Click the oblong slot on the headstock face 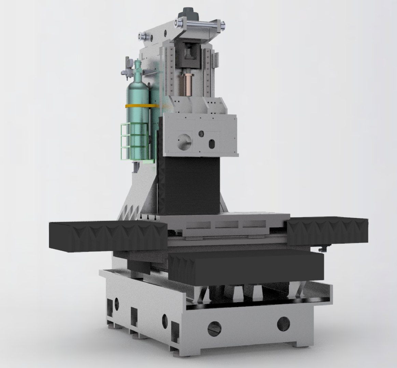pyautogui.click(x=212, y=144)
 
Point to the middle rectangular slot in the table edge pyautogui.click(x=227, y=225)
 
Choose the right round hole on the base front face pyautogui.click(x=283, y=323)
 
